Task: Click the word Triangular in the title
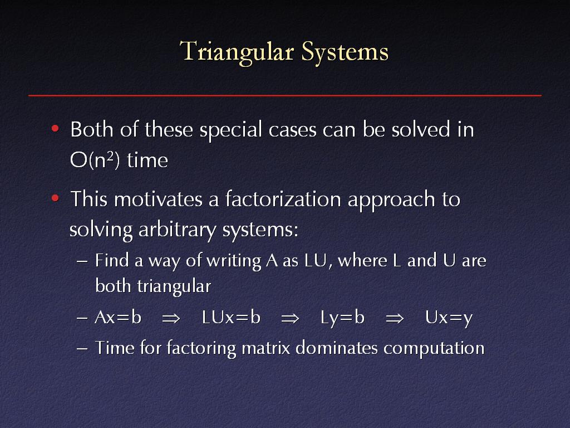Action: tap(236, 52)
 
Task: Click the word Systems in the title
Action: tap(345, 52)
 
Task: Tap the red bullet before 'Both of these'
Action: tap(55, 129)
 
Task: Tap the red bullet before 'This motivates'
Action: tap(55, 198)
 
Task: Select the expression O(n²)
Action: tap(95, 160)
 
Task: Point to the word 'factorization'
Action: tap(283, 199)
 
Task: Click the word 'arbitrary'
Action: tap(177, 230)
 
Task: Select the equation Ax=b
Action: tap(118, 317)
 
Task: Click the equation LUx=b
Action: tap(231, 317)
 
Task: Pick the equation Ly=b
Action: tap(342, 318)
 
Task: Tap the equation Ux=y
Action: tap(449, 318)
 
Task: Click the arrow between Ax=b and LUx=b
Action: tap(171, 318)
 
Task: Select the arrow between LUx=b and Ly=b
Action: tap(290, 318)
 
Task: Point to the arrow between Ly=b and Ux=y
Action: tap(395, 318)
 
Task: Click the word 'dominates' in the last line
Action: tap(337, 348)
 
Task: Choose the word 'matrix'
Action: tap(266, 348)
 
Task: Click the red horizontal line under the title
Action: tap(285, 95)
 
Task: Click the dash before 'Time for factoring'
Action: tap(82, 348)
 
